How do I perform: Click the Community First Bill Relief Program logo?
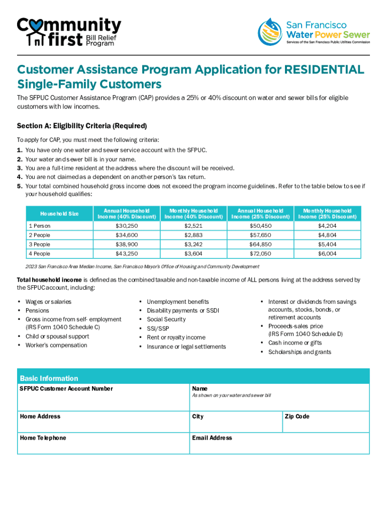click(x=69, y=32)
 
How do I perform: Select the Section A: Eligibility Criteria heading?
click(x=81, y=126)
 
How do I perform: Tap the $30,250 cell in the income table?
click(x=127, y=226)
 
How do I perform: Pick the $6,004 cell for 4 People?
click(x=327, y=253)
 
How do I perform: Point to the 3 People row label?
click(x=40, y=244)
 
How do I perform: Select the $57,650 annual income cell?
click(x=260, y=235)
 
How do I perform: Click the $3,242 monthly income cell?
click(x=193, y=244)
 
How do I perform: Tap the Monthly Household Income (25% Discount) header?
click(x=327, y=214)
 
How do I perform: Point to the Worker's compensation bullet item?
click(x=56, y=345)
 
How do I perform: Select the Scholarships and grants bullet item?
click(x=300, y=352)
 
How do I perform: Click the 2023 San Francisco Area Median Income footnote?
click(x=142, y=267)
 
